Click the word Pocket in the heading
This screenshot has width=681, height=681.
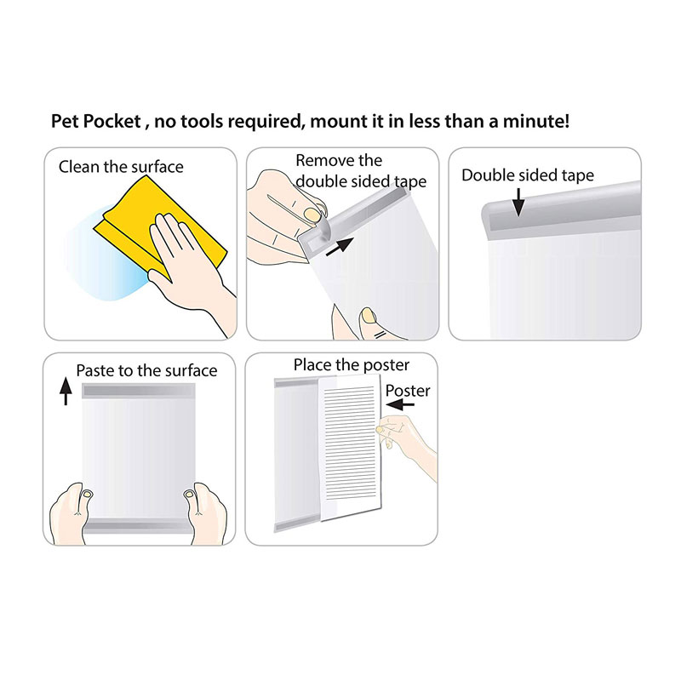pyautogui.click(x=112, y=121)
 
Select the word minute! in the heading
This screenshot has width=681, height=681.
pyautogui.click(x=536, y=121)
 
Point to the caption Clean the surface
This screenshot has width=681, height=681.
pyautogui.click(x=121, y=167)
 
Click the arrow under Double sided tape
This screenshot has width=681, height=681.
pyautogui.click(x=518, y=202)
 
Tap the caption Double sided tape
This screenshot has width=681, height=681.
pyautogui.click(x=528, y=175)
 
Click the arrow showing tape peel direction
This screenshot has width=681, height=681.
pyautogui.click(x=340, y=246)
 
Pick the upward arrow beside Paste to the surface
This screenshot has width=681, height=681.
pyautogui.click(x=66, y=391)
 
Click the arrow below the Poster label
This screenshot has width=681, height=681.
pyautogui.click(x=400, y=405)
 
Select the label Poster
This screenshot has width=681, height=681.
pyautogui.click(x=408, y=391)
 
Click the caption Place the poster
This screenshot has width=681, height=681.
pyautogui.click(x=351, y=365)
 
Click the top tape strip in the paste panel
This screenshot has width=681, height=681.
pyautogui.click(x=139, y=391)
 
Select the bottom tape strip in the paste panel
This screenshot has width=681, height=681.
pyautogui.click(x=139, y=525)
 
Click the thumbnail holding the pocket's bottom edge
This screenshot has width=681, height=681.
pyautogui.click(x=369, y=316)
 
